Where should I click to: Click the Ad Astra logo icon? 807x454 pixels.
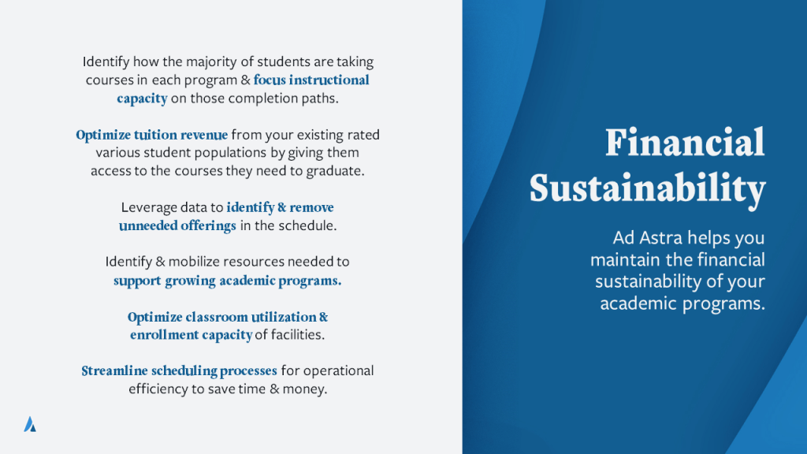[x=30, y=424]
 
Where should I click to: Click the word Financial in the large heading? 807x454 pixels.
[x=685, y=143]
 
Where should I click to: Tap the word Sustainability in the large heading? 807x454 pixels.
[x=648, y=189]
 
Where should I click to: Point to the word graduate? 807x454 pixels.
[x=335, y=171]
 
